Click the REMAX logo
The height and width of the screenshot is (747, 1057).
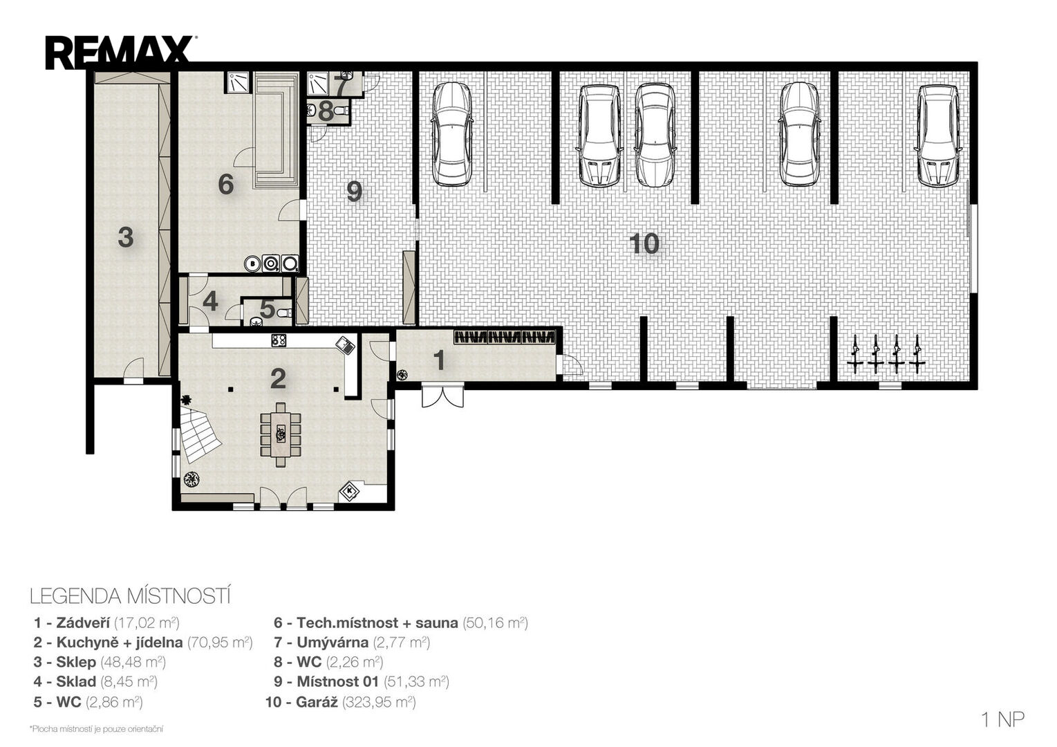[x=121, y=53]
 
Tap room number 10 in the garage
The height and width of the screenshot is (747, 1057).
[x=644, y=244]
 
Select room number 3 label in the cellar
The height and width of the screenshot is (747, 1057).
[x=126, y=237]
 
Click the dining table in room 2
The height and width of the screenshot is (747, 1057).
[x=281, y=434]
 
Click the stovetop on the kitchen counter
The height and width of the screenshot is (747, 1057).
[x=279, y=340]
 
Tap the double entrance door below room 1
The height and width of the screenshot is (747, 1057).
[x=442, y=396]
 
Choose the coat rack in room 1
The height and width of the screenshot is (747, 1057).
[x=505, y=337]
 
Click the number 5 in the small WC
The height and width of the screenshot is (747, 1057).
[x=267, y=309]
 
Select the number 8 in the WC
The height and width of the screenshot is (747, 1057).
[x=326, y=111]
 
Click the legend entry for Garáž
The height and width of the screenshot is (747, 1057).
[x=341, y=702]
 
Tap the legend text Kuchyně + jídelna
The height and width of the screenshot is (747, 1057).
[x=120, y=642]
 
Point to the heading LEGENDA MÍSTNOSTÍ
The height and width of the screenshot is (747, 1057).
[x=130, y=596]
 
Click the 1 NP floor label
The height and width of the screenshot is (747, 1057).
[x=1003, y=719]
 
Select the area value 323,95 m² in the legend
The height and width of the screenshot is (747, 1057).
[x=380, y=702]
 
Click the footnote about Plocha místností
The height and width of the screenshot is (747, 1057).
[x=96, y=729]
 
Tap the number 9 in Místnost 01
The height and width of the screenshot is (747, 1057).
[x=354, y=192]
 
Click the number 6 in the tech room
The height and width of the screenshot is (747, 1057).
[x=226, y=184]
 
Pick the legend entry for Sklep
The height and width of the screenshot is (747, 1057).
[x=100, y=662]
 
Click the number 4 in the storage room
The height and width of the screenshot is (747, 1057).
[x=210, y=302]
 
